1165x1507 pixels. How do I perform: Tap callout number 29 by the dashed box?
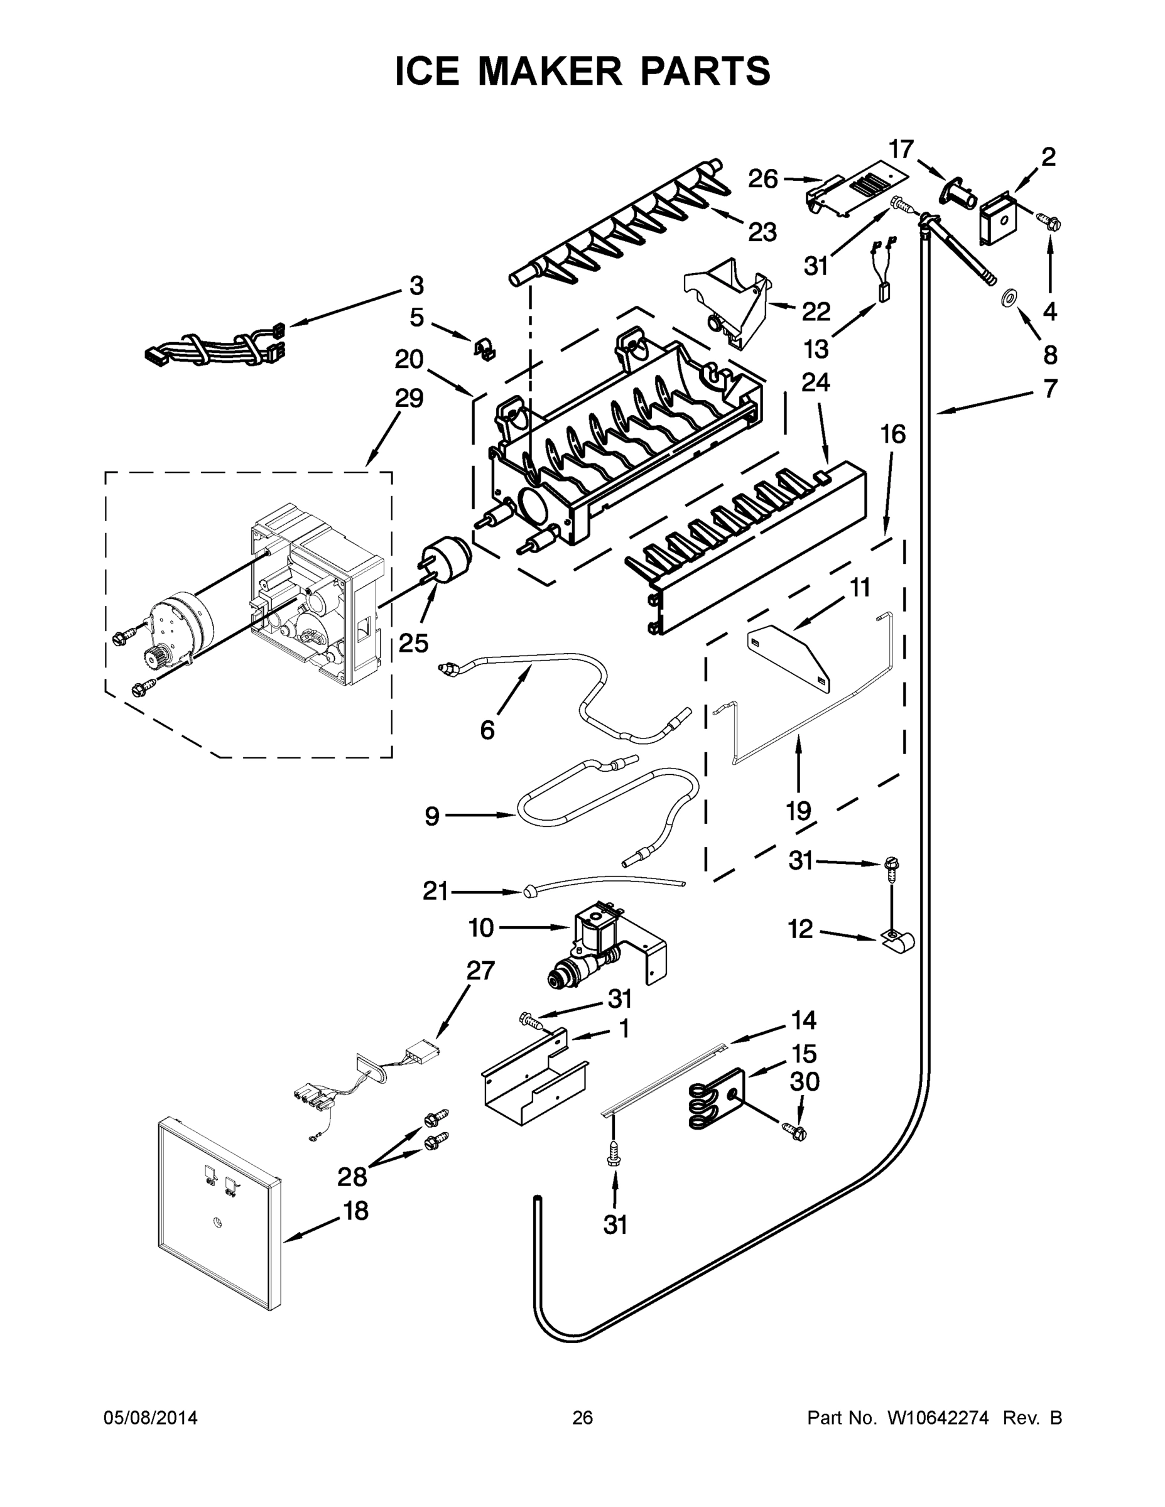409,398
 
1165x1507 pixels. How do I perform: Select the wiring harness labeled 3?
210,345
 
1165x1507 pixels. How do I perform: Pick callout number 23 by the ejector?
762,232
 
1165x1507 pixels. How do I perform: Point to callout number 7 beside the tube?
1049,389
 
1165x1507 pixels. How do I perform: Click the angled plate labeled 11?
790,655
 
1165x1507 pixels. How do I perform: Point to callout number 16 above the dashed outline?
892,434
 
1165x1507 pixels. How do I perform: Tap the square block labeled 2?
999,217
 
